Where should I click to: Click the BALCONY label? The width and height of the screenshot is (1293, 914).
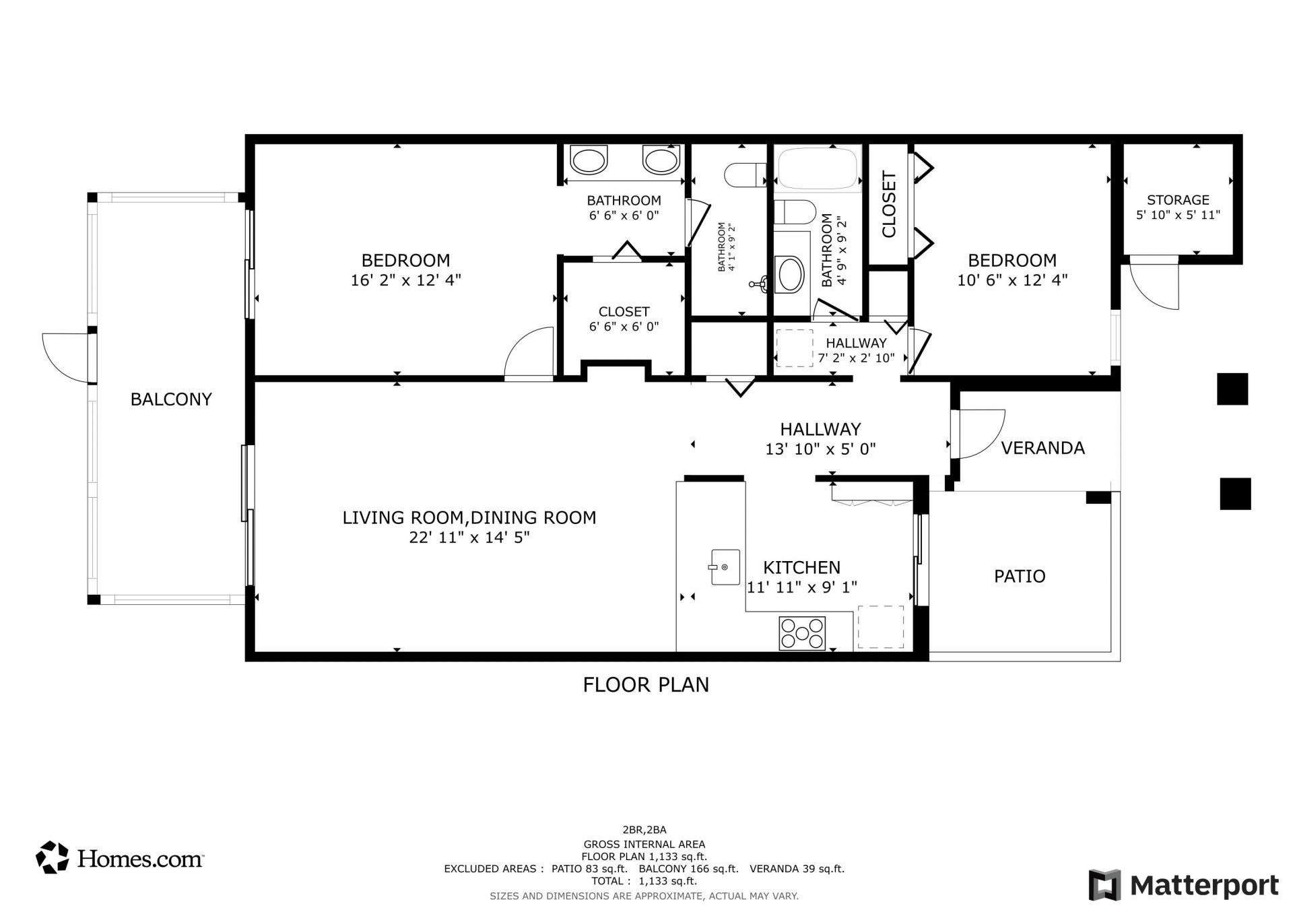click(171, 399)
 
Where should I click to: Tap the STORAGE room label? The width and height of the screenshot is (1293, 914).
click(1178, 200)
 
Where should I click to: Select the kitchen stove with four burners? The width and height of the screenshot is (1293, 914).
click(802, 633)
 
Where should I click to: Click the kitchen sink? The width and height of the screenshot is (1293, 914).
click(725, 567)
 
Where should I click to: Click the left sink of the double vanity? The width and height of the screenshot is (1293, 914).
click(588, 161)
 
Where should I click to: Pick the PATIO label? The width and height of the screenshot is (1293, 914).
click(1020, 576)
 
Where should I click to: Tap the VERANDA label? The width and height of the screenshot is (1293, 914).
click(1042, 448)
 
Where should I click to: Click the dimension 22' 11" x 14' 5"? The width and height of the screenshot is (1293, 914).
click(469, 537)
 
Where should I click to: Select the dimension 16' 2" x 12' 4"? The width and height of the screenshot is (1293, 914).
click(405, 280)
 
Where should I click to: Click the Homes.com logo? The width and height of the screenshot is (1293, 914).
click(120, 858)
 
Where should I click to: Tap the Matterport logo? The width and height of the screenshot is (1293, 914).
click(1183, 884)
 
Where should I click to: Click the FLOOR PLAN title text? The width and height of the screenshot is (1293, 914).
click(646, 684)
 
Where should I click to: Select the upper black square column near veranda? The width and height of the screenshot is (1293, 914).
click(1232, 389)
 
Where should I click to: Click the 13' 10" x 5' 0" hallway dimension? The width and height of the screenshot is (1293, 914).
click(820, 449)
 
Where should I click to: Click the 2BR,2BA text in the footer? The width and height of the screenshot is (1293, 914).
click(644, 830)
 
